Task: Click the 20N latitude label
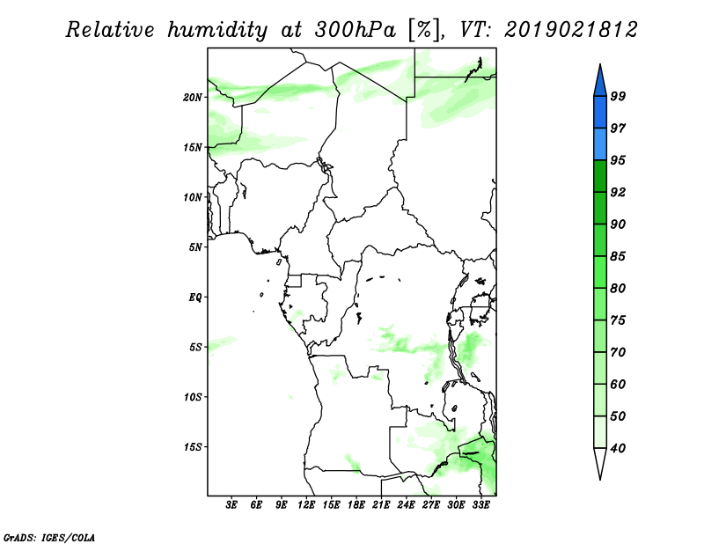[x=193, y=98]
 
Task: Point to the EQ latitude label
[x=195, y=298]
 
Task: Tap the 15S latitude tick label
[x=193, y=447]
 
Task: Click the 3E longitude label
[x=231, y=504]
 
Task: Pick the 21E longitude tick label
[x=381, y=504]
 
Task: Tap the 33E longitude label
[x=480, y=504]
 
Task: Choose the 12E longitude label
[x=306, y=504]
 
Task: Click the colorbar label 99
[x=618, y=96]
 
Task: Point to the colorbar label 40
[x=618, y=448]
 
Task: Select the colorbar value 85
[x=618, y=256]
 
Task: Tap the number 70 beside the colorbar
[x=618, y=352]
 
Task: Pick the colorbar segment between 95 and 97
[x=600, y=144]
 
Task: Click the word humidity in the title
[x=217, y=31]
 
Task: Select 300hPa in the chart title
[x=355, y=30]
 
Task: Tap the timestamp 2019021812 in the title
[x=570, y=30]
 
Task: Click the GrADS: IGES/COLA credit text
[x=49, y=537]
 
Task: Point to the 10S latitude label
[x=193, y=397]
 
